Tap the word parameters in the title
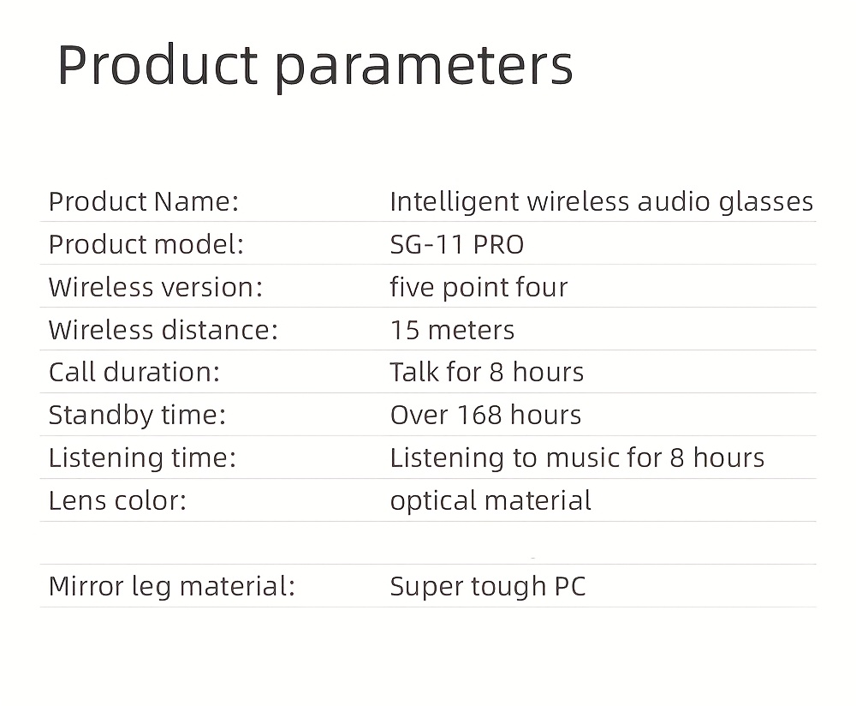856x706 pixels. tap(424, 69)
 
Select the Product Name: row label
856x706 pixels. tap(144, 201)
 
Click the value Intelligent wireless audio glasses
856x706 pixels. tap(602, 201)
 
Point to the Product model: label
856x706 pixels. tap(146, 244)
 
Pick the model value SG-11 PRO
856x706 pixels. tap(457, 244)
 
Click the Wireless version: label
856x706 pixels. tap(156, 287)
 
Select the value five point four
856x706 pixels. tap(479, 287)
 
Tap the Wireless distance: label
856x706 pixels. tap(163, 330)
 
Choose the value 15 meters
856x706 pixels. tap(452, 330)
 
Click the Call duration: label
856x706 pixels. tap(134, 372)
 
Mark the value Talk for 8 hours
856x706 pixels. tap(487, 372)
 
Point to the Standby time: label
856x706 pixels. tap(137, 416)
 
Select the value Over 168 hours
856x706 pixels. tap(486, 415)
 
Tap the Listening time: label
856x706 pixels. tap(142, 458)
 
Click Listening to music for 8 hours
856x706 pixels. tap(577, 458)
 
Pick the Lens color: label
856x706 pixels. tap(117, 500)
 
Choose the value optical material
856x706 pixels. tap(490, 501)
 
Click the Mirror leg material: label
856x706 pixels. tap(172, 587)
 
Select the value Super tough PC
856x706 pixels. tap(488, 587)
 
